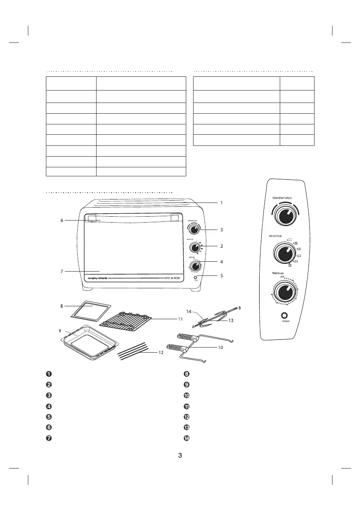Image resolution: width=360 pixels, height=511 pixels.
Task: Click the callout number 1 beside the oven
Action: click(221, 203)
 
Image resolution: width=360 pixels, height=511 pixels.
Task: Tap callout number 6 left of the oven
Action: click(62, 220)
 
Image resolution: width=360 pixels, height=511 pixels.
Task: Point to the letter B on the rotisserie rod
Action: click(239, 308)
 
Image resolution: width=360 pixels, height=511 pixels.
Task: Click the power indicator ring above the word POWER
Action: click(284, 314)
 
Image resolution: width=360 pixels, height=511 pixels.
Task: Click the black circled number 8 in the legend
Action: click(186, 373)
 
